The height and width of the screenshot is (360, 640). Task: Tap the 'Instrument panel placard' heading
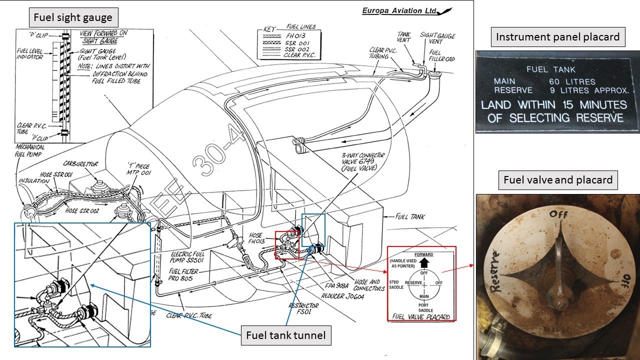[x=557, y=36]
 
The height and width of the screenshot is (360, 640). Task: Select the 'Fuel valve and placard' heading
[x=557, y=179]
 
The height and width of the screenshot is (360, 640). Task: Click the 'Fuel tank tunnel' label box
[x=286, y=335]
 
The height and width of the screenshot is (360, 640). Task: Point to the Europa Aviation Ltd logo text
[x=400, y=11]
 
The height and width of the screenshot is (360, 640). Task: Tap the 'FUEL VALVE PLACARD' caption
[x=421, y=316]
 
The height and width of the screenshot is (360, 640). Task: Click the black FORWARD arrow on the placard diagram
[x=424, y=262]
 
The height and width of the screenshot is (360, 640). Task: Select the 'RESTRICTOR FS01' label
[x=303, y=308]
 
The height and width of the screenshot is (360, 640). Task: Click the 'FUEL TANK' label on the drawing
[x=410, y=217]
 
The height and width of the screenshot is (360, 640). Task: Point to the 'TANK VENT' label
[x=404, y=36]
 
